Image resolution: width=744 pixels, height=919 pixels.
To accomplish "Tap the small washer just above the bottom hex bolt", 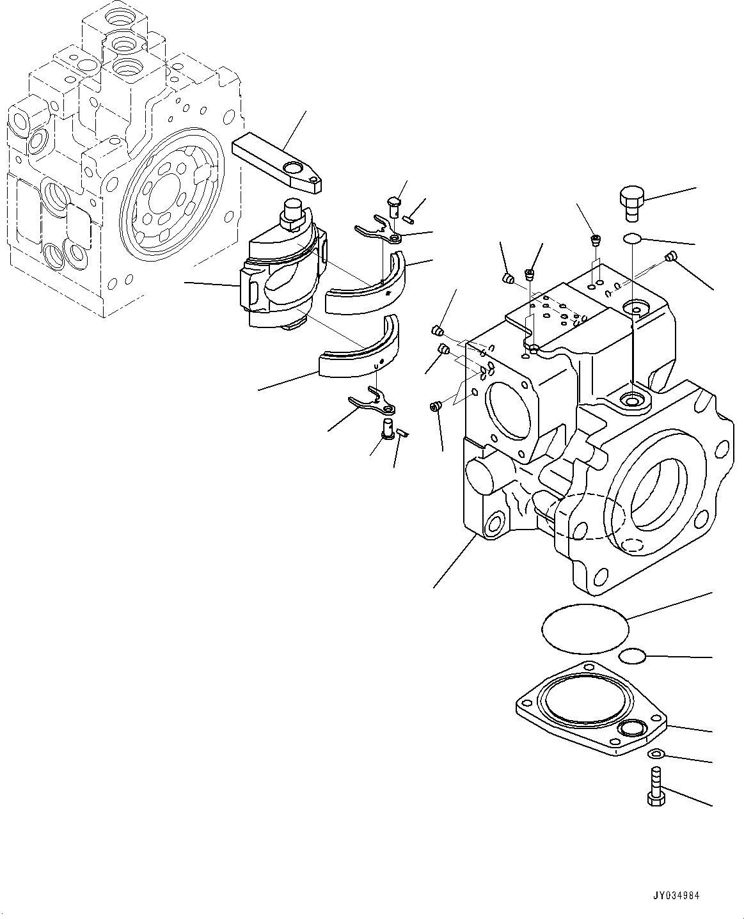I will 656,754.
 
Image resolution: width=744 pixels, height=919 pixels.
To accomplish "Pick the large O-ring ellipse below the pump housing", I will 585,629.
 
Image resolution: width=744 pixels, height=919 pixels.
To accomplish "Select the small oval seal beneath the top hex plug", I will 632,239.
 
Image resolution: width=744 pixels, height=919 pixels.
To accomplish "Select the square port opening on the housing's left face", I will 509,412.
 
